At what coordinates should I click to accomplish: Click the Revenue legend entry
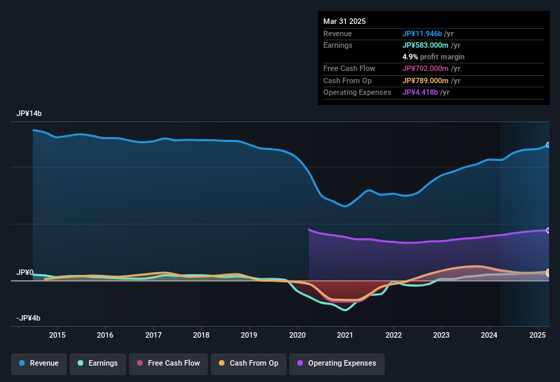pyautogui.click(x=40, y=364)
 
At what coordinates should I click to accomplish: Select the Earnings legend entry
pyautogui.click(x=98, y=364)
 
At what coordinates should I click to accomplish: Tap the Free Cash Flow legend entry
pyautogui.click(x=168, y=364)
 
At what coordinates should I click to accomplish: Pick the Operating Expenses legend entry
pyautogui.click(x=336, y=364)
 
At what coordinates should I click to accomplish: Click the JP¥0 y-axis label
pyautogui.click(x=25, y=273)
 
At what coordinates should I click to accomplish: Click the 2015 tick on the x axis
pyautogui.click(x=57, y=335)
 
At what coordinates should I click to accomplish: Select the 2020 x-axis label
pyautogui.click(x=297, y=335)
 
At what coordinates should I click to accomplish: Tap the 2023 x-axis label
pyautogui.click(x=441, y=335)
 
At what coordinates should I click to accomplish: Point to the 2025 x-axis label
pyautogui.click(x=537, y=335)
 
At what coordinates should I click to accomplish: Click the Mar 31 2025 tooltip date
pyautogui.click(x=344, y=21)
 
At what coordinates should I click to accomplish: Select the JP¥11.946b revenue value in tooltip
pyautogui.click(x=422, y=33)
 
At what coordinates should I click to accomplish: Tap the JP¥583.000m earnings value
pyautogui.click(x=426, y=45)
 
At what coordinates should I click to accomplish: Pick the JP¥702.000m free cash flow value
pyautogui.click(x=426, y=68)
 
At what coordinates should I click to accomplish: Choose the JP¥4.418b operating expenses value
pyautogui.click(x=420, y=92)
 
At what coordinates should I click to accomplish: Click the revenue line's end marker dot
pyautogui.click(x=548, y=145)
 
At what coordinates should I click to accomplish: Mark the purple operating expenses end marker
pyautogui.click(x=548, y=231)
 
